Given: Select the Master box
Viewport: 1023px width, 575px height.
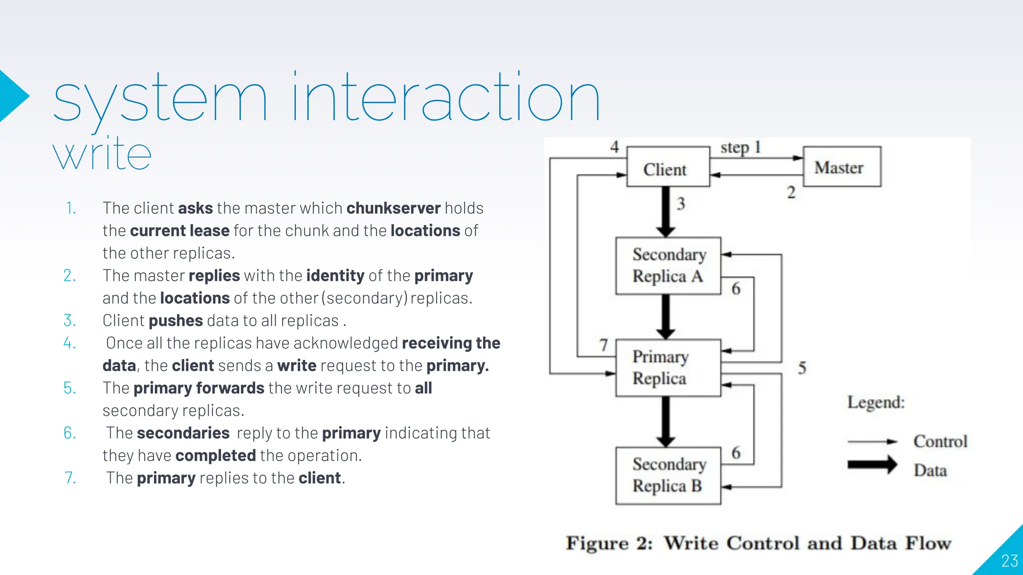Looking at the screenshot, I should click(842, 167).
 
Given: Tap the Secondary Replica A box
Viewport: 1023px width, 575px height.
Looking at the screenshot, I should click(668, 266).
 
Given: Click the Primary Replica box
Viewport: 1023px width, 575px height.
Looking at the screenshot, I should click(668, 368).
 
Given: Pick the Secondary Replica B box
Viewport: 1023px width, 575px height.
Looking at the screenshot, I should click(668, 475).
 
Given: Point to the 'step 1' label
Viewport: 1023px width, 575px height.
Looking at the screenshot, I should click(740, 147).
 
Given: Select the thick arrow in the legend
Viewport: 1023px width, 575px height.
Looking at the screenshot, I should click(872, 465).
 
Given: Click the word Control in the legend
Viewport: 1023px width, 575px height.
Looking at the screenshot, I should click(940, 441).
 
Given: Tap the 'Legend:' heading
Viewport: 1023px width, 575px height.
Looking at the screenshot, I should click(876, 402).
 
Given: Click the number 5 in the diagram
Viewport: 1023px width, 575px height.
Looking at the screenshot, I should click(802, 368).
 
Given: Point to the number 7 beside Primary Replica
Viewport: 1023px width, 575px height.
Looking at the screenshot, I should click(603, 345).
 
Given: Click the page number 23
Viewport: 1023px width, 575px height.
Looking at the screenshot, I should click(1009, 561).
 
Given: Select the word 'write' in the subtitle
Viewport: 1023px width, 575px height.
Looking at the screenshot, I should click(102, 155).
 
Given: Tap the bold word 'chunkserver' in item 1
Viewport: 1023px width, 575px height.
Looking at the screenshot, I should click(393, 208).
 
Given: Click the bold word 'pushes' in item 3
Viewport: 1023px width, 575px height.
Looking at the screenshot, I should click(175, 320).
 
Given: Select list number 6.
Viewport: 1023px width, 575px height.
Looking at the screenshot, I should click(69, 433).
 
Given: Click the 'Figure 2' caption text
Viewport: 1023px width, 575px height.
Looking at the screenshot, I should click(758, 543).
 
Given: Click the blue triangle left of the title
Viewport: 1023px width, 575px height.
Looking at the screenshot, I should click(12, 96).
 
